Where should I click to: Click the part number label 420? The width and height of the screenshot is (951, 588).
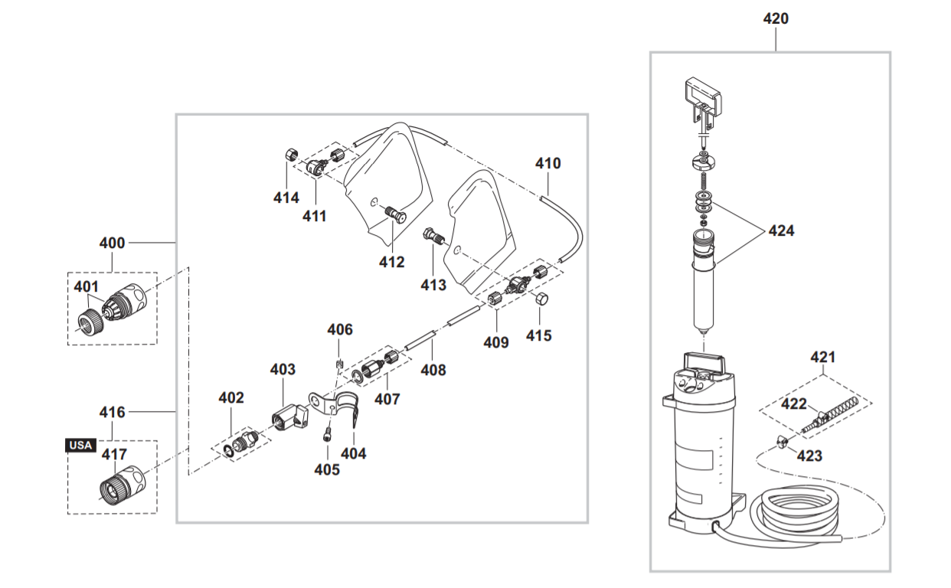pos(776,19)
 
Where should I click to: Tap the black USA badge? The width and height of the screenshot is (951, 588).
pos(80,445)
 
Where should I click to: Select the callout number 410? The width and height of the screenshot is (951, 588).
pos(547,163)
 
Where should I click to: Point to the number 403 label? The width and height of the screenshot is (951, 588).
pos(283,370)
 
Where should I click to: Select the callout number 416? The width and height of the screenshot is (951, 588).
pos(112,413)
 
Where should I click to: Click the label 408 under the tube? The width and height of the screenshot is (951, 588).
pos(433,371)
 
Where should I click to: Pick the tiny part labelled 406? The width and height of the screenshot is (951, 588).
pos(338,362)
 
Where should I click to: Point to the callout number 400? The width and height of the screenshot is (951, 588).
pos(112,243)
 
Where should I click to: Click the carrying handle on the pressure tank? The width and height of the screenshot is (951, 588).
pos(704,361)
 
